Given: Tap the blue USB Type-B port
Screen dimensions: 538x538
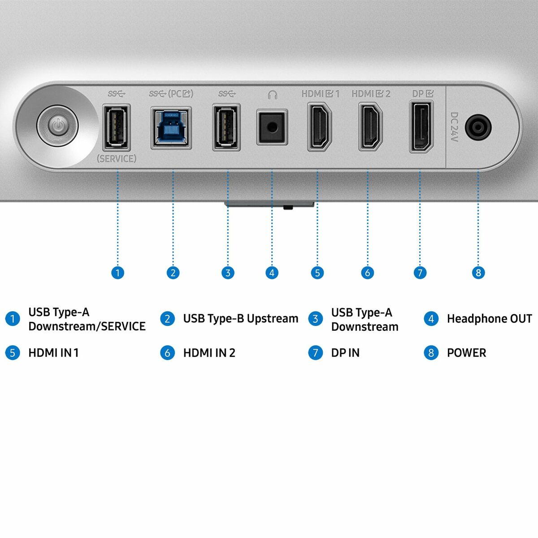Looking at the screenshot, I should (x=171, y=127).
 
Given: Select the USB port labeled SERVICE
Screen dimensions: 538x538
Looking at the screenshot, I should (x=116, y=127).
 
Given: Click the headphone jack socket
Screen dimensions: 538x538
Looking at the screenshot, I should (x=272, y=128).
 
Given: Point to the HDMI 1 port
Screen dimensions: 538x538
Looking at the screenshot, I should (x=319, y=127).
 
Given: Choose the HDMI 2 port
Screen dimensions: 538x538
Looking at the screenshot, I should (x=370, y=127).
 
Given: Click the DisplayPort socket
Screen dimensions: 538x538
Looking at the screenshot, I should (x=421, y=127).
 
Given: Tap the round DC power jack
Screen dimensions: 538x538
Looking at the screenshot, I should (x=478, y=128).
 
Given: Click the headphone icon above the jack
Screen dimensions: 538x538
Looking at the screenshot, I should (x=272, y=95).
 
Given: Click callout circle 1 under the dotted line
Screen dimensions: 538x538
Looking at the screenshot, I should (x=117, y=273).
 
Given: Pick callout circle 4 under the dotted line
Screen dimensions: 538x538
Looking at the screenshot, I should (x=272, y=273).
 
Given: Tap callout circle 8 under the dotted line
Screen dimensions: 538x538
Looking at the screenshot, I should (x=478, y=273).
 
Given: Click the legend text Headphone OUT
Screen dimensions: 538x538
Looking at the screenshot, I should (x=489, y=319).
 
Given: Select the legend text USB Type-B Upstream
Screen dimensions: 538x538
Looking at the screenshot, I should (x=240, y=319).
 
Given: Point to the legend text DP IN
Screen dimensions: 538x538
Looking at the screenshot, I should (x=345, y=353).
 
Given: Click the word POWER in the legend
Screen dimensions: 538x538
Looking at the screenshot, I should (x=466, y=353).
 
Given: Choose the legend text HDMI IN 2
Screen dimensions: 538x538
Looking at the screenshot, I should (x=209, y=353).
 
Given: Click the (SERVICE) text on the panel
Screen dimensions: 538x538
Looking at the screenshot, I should (x=117, y=159).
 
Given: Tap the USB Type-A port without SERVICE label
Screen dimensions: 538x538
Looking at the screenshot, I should (x=226, y=127).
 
